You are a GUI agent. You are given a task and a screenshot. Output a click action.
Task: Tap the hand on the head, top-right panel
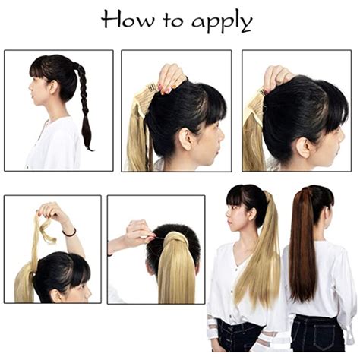(x=278, y=77)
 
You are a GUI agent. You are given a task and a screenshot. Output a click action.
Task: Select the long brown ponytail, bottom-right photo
(x=302, y=251)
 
